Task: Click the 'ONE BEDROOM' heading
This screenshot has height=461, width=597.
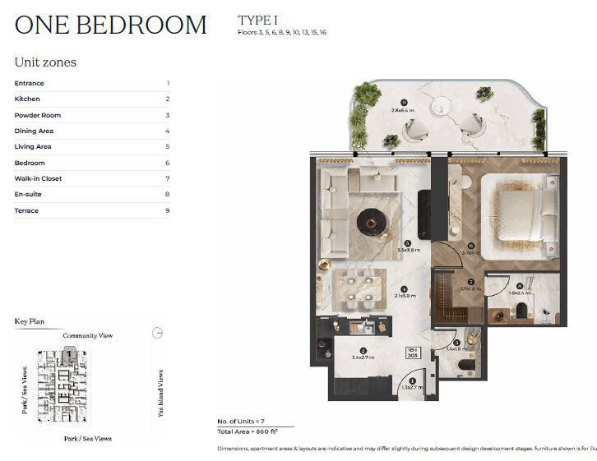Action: coord(110,25)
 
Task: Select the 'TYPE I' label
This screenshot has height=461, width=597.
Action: coord(258,20)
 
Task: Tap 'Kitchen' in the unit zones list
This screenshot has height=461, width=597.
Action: coord(27,99)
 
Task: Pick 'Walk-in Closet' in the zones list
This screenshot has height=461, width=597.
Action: coord(38,178)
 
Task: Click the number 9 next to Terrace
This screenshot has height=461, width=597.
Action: coord(167,210)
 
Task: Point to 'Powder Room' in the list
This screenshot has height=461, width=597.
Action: coord(37,115)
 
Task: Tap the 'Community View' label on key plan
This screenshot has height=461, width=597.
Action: coord(88,335)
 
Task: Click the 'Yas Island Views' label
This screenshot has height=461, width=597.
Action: coord(160,393)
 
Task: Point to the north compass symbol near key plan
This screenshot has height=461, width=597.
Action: coord(158,333)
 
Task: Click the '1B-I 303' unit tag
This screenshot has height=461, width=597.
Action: coord(414,353)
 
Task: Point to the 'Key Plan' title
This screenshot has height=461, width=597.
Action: coord(30,321)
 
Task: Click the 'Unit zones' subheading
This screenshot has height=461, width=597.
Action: coord(45,62)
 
